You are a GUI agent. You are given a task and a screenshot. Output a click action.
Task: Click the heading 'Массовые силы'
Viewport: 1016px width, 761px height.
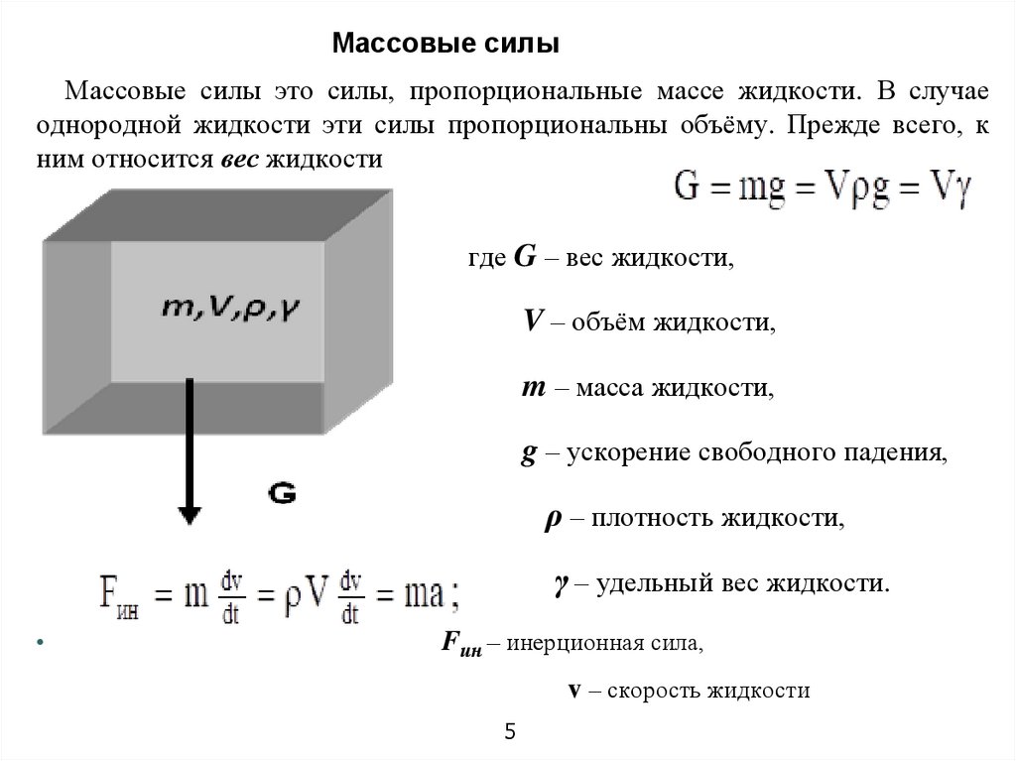click(445, 45)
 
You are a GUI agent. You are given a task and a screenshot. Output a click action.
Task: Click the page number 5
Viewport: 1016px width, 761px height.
click(510, 732)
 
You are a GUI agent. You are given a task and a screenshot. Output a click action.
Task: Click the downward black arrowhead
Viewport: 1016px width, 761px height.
click(190, 514)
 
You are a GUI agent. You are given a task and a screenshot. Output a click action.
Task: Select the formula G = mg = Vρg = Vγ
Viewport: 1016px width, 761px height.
click(823, 188)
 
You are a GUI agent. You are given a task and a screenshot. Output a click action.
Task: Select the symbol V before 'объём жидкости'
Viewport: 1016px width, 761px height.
click(533, 321)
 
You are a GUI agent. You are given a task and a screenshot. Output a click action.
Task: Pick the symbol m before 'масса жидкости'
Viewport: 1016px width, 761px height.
click(531, 387)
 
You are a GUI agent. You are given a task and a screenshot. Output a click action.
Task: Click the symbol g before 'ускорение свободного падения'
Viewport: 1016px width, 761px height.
click(530, 453)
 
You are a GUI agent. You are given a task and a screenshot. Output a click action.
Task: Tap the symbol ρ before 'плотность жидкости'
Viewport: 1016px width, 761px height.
click(553, 519)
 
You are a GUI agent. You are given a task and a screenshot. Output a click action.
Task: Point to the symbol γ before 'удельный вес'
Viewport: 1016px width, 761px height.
click(560, 582)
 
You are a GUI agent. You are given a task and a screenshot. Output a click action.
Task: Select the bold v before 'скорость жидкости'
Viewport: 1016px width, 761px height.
click(573, 691)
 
